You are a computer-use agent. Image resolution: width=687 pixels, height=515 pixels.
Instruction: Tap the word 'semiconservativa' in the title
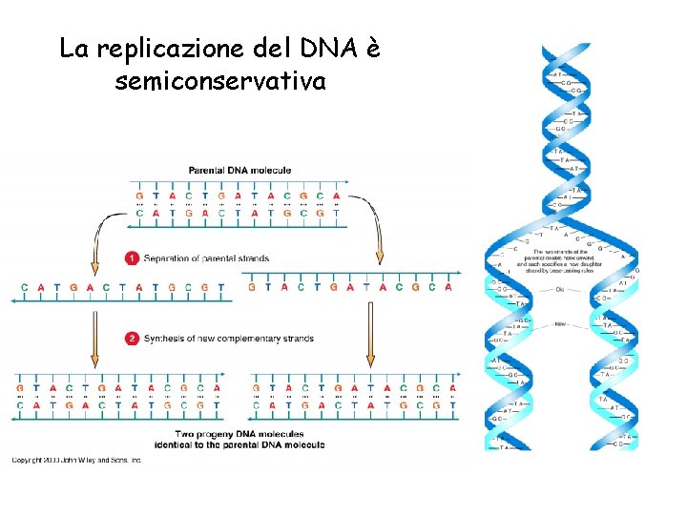pos(220,82)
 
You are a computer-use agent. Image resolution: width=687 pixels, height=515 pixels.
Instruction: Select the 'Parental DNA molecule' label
pos(239,170)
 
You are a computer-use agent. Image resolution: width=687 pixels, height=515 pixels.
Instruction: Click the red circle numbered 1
pos(133,257)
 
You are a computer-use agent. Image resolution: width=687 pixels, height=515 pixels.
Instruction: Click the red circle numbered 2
pos(133,338)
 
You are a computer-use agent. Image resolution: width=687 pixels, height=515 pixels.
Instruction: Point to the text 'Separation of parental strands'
pos(206,257)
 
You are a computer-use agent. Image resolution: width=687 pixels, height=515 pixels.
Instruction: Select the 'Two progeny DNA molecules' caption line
pos(239,435)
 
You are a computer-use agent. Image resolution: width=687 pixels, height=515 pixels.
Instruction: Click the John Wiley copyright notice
pos(76,460)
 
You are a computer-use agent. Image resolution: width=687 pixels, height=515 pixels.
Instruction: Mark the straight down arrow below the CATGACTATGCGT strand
pos(94,339)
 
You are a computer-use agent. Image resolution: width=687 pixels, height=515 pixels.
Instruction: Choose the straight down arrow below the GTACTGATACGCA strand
pos(370,339)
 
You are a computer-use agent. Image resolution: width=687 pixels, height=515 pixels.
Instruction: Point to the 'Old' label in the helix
pos(560,288)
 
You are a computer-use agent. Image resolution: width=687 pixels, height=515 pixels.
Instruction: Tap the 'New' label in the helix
pos(560,323)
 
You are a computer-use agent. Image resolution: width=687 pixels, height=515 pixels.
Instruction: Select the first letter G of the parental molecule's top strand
pos(139,197)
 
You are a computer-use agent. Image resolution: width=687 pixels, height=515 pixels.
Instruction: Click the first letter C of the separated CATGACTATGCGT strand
pos(25,286)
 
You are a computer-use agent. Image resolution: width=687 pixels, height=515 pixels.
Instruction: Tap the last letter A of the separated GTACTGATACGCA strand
pos(448,286)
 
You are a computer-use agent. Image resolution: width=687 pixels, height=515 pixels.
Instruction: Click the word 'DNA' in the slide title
pos(317,48)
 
